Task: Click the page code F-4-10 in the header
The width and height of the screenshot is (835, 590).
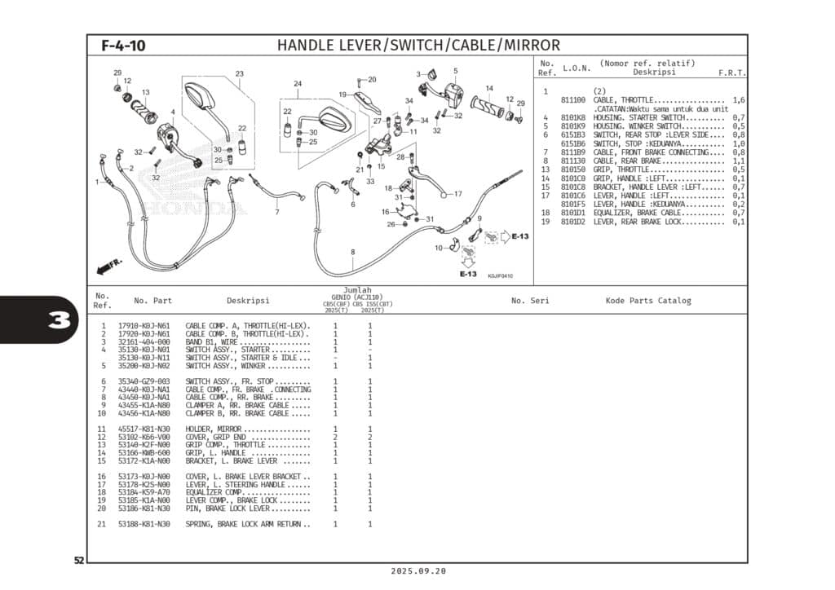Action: pos(123,46)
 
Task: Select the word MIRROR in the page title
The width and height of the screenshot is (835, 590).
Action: pos(530,46)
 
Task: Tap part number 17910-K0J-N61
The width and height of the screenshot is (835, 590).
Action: pos(144,326)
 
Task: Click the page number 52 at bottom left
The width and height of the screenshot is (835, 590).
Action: pos(79,561)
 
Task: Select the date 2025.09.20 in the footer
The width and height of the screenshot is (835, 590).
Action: pos(418,572)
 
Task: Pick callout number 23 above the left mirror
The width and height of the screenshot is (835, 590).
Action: pos(239,74)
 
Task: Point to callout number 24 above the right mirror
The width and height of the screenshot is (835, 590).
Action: pos(298,84)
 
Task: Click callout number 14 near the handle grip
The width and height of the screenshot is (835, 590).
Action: pos(489,88)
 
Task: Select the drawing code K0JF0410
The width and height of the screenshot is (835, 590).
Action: pos(500,276)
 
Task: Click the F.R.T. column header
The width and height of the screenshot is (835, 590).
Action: pos(731,73)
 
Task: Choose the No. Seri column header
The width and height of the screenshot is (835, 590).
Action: pos(530,301)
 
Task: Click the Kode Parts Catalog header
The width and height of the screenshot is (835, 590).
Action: pos(647,301)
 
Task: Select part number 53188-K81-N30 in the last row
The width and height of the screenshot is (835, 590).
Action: pos(144,524)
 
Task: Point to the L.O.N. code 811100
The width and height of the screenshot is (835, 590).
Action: pos(573,99)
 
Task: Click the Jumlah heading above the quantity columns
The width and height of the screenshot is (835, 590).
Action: pos(357,290)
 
